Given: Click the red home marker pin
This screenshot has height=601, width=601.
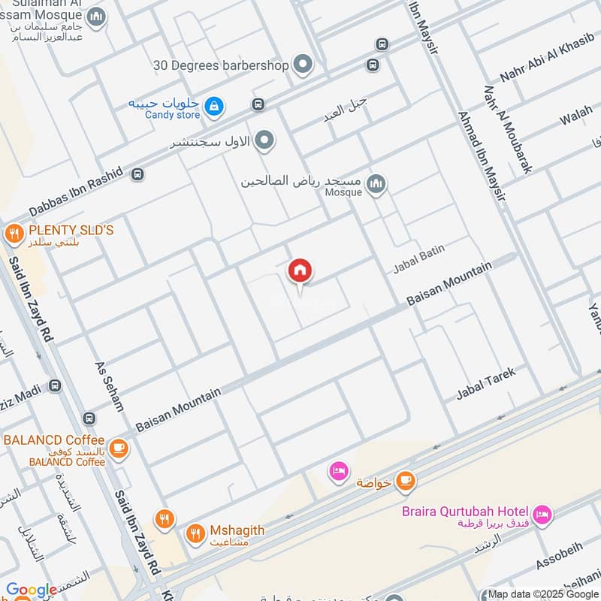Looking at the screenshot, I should point(300,271).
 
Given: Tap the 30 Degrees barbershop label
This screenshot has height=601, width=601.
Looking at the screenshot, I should point(221,65).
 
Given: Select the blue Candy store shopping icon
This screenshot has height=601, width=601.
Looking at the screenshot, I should point(215,107).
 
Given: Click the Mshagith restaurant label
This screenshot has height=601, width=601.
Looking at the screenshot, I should point(236,530).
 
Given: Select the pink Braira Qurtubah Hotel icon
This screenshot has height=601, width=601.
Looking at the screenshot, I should point(543,515).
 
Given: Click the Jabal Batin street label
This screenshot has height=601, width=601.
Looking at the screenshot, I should point(415,263).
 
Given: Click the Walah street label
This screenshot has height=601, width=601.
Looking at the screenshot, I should point(576,116).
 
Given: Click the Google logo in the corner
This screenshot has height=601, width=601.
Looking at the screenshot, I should point(31,590).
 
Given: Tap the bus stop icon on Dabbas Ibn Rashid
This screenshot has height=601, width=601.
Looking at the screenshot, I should point(137,174).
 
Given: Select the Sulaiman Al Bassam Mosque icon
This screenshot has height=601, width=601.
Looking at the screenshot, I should point(96,17).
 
